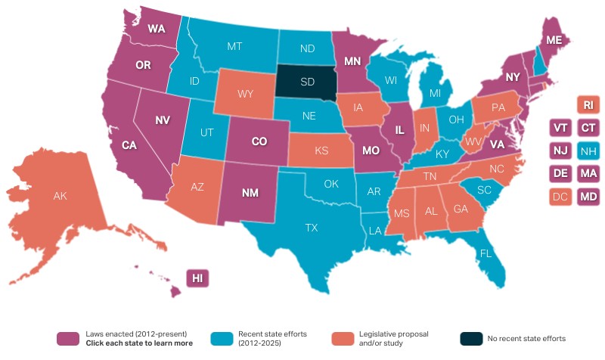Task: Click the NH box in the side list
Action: click(x=588, y=151)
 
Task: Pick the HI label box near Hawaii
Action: click(x=197, y=278)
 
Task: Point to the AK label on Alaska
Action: click(x=60, y=196)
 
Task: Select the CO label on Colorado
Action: click(x=259, y=141)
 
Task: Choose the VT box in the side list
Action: click(x=561, y=127)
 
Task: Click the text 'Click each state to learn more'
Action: click(x=139, y=343)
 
